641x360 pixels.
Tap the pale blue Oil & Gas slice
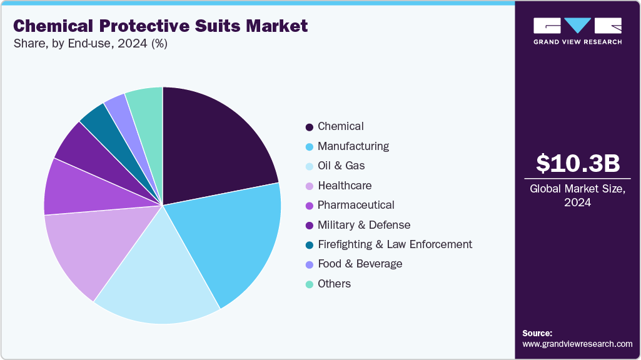(159, 284)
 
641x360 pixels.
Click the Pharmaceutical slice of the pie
(69, 187)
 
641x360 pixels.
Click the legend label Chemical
(340, 126)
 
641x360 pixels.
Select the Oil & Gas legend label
(341, 166)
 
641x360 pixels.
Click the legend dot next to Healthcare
(309, 186)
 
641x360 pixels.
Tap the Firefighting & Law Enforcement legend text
(395, 244)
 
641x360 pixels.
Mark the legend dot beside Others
(309, 284)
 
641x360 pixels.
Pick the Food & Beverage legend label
(360, 264)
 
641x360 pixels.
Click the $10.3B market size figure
(578, 163)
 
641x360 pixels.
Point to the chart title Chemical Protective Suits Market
(160, 26)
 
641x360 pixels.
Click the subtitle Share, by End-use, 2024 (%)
(90, 44)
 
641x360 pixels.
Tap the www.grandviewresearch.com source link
(577, 344)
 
